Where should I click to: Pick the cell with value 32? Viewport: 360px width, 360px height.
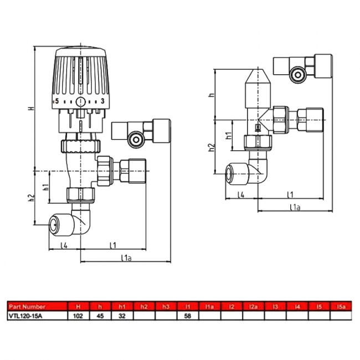click(x=122, y=316)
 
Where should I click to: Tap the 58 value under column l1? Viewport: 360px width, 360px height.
click(x=188, y=316)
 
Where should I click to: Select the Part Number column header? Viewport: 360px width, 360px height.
click(x=25, y=306)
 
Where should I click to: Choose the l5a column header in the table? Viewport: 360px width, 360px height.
click(x=341, y=306)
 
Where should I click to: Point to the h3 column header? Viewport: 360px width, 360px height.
click(x=166, y=306)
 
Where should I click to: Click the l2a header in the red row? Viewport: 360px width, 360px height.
click(x=254, y=306)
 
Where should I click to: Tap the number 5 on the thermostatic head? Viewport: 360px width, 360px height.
click(x=56, y=101)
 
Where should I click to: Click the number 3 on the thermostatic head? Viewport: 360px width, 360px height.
click(x=103, y=101)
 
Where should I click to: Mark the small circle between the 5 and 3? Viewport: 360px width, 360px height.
click(x=80, y=102)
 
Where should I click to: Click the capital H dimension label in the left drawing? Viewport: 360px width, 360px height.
click(x=31, y=108)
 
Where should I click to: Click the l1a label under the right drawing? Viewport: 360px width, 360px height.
click(x=295, y=208)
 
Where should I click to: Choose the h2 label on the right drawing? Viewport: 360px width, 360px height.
click(x=211, y=148)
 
